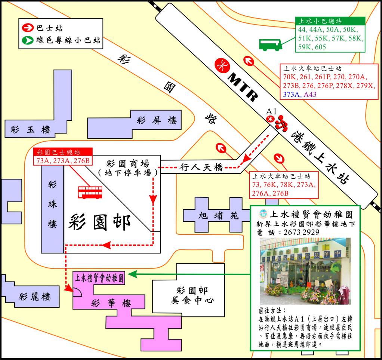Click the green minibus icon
coord(270,44)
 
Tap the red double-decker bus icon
coord(90,192)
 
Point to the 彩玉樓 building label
coord(31,130)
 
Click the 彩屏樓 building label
coord(157,120)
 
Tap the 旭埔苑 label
coord(214,216)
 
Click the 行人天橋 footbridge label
coord(201,167)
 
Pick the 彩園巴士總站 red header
coord(62,152)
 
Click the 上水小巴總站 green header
coord(324,21)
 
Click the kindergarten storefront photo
coord(305,271)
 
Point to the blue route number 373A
coord(292,94)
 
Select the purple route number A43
coord(310,94)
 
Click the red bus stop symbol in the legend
coord(28,28)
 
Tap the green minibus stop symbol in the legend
coord(28,40)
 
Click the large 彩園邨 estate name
coord(100,223)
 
